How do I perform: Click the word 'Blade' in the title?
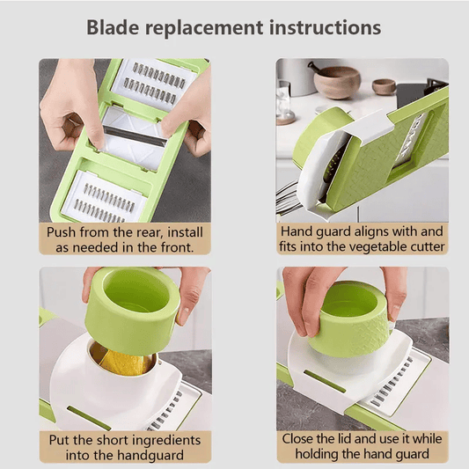(x=113, y=27)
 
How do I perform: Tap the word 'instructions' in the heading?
(x=325, y=27)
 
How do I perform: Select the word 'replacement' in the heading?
(x=204, y=29)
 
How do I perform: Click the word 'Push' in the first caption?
(x=61, y=232)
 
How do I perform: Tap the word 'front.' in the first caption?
(x=177, y=247)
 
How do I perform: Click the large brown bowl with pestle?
(x=336, y=81)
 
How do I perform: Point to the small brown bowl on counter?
(x=384, y=87)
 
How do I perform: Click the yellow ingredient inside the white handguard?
(x=126, y=363)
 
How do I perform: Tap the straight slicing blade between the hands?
(x=136, y=136)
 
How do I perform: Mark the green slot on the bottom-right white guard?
(x=325, y=381)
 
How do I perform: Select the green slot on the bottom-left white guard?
(x=89, y=418)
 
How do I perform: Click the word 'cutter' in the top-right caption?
(x=428, y=246)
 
